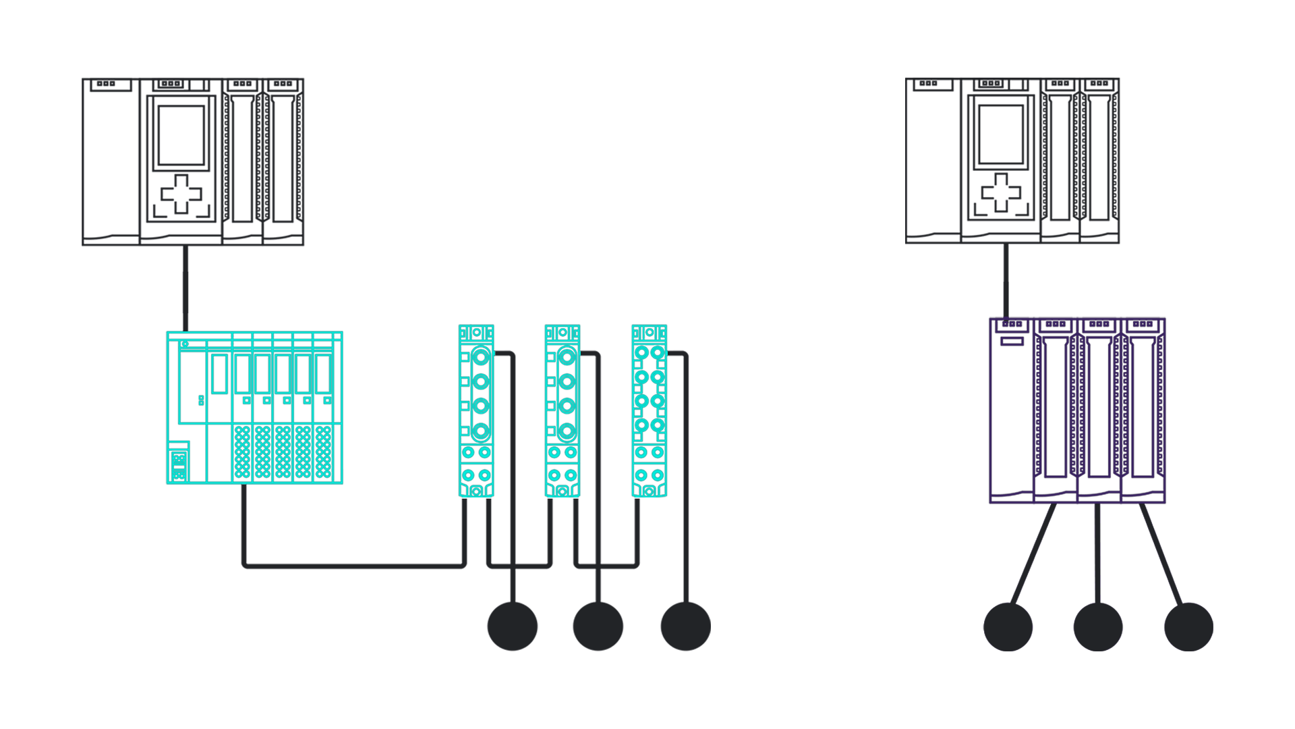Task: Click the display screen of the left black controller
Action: tap(181, 134)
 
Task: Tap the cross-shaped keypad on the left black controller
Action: tap(181, 194)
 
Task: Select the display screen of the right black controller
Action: tap(1001, 134)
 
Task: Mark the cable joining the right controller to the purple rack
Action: tap(1006, 281)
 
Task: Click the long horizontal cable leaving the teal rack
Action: tap(354, 565)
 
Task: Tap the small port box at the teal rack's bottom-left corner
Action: tap(179, 464)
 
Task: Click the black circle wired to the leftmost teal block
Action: tap(513, 626)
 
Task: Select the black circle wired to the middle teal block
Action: tap(598, 626)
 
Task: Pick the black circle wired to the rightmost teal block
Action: tap(686, 626)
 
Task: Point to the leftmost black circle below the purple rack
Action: tap(1008, 627)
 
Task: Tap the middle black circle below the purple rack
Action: tap(1098, 627)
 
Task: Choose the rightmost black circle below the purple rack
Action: tap(1188, 627)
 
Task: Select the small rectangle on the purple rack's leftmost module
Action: tap(1012, 342)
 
